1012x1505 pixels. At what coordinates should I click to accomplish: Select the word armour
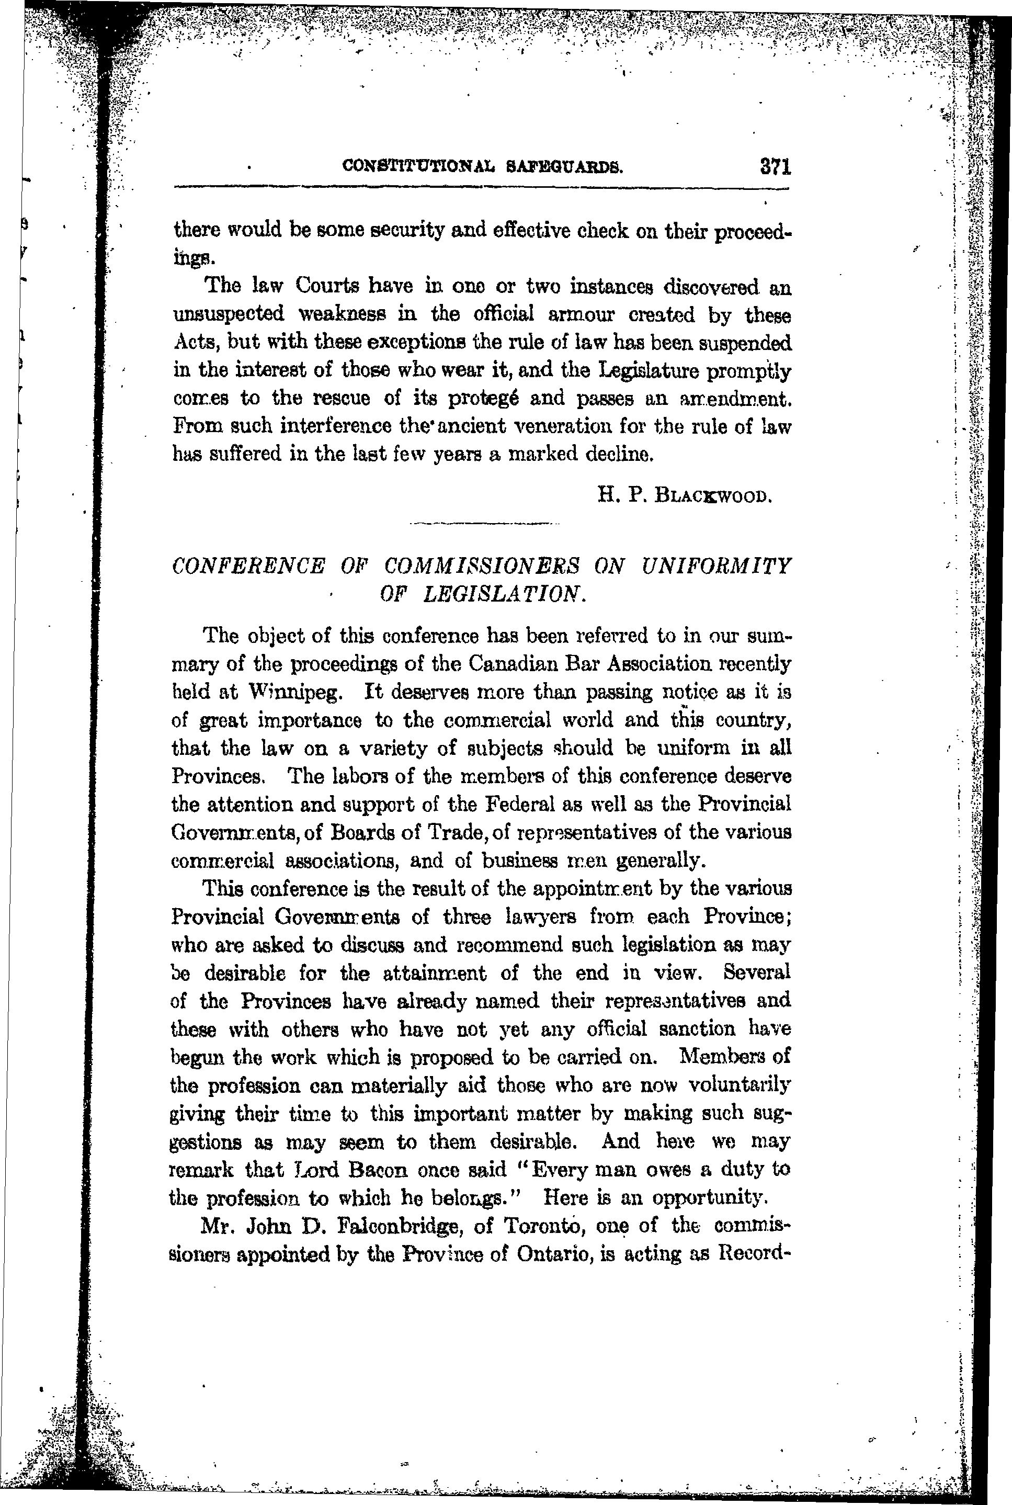tap(583, 314)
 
